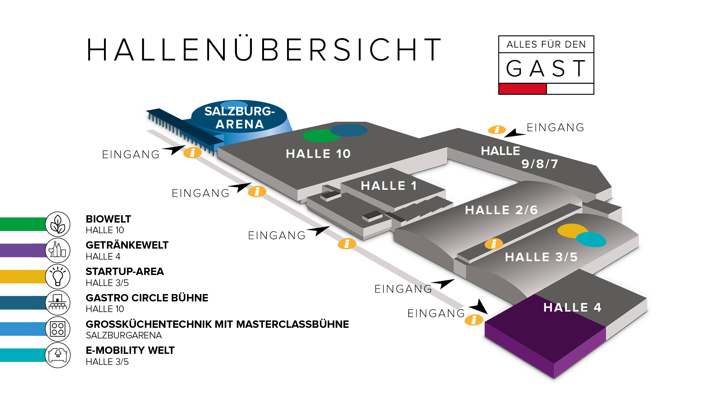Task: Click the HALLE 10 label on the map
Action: (318, 154)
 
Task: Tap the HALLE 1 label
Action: (388, 186)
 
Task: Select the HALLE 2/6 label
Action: (501, 210)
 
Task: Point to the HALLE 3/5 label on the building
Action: (541, 257)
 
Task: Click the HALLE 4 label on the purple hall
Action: (572, 307)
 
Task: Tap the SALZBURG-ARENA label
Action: (239, 118)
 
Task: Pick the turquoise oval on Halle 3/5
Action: (591, 239)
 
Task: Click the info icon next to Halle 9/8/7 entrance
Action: (497, 130)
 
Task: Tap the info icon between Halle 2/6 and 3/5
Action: (494, 243)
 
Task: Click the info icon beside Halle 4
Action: (474, 320)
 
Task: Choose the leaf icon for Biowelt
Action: (58, 224)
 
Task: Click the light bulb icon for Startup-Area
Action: (58, 276)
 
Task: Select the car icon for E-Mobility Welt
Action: (58, 355)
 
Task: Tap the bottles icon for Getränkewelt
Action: (58, 250)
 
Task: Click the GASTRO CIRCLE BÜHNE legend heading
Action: (147, 298)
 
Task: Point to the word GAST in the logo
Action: (546, 69)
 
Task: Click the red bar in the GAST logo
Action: (522, 89)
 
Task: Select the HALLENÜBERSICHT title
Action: (264, 49)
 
